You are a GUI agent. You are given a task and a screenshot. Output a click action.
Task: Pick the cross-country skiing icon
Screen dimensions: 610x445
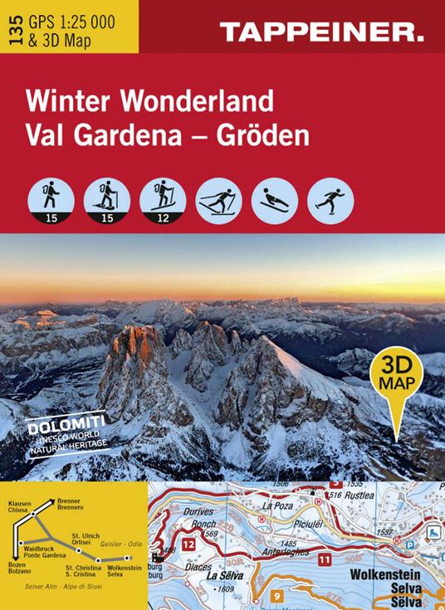coord(217,199)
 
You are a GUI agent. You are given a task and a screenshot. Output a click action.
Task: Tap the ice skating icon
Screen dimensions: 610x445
coord(330,199)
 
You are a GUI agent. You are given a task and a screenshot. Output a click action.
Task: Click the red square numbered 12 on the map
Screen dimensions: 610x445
coord(188,544)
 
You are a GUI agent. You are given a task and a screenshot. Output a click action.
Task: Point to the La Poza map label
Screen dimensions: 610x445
coord(278,505)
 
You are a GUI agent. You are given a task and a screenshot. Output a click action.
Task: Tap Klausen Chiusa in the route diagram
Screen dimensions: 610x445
coord(19,507)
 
